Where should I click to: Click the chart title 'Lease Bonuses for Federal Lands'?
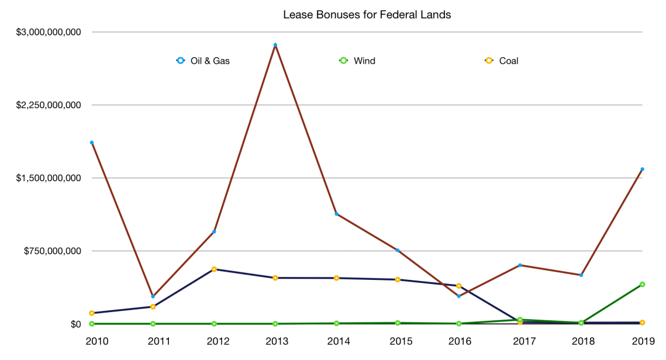pos(367,15)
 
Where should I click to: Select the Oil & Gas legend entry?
pos(203,61)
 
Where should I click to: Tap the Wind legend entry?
pos(357,61)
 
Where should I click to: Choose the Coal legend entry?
pos(502,61)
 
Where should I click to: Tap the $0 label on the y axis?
pos(75,324)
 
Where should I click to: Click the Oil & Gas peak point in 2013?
pos(275,45)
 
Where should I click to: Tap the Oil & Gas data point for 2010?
pos(92,143)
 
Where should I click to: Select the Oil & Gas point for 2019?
pos(642,169)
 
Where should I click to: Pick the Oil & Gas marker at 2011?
pos(153,296)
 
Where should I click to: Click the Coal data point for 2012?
pos(214,269)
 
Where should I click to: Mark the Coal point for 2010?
pos(92,313)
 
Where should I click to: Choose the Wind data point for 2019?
pos(642,285)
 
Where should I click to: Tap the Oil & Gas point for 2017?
pos(520,265)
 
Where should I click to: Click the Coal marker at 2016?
pos(458,286)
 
